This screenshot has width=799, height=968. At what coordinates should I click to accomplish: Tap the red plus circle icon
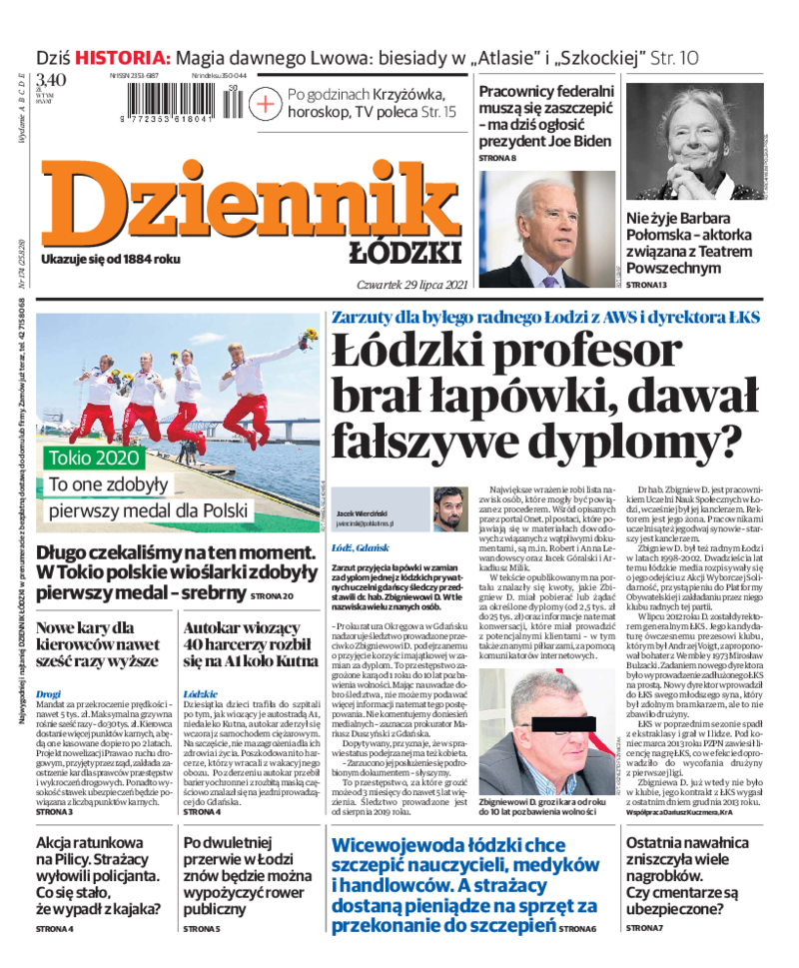coord(265,103)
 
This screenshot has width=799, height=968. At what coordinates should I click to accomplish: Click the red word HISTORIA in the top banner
coord(126,57)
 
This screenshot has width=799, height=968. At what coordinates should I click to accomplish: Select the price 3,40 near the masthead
coord(51,80)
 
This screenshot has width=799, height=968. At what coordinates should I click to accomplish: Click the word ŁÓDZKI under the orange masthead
coord(403,251)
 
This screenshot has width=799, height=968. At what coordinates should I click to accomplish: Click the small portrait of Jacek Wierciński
coord(449,509)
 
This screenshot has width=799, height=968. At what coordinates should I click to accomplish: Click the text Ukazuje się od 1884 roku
coord(110,259)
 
